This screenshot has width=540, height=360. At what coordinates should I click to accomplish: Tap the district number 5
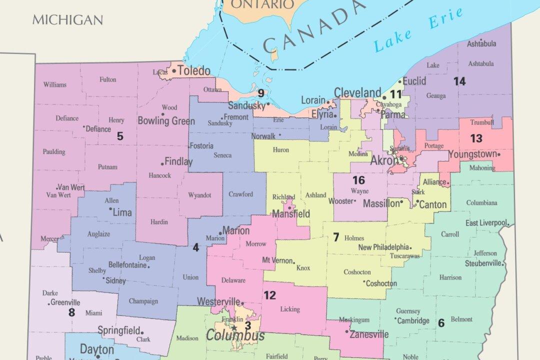(x=120, y=135)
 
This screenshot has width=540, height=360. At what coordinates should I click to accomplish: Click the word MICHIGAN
(x=67, y=20)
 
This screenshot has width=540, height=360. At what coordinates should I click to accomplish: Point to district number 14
(x=459, y=81)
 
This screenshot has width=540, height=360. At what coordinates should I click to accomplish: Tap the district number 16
(x=358, y=180)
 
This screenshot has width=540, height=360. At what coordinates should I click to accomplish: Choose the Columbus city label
(x=235, y=335)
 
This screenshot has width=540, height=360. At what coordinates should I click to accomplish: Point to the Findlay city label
(x=178, y=161)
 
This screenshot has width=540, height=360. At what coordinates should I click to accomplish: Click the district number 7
(x=336, y=237)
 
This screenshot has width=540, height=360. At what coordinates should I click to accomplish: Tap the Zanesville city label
(x=369, y=334)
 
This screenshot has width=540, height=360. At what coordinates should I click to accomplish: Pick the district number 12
(x=269, y=295)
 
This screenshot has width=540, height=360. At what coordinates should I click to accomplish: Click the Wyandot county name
(x=199, y=195)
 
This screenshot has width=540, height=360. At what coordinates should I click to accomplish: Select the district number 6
(x=441, y=323)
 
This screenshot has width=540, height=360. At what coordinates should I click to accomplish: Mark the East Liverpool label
(x=486, y=223)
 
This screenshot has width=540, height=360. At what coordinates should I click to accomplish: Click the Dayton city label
(x=97, y=349)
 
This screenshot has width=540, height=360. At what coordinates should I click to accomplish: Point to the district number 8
(x=71, y=312)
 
